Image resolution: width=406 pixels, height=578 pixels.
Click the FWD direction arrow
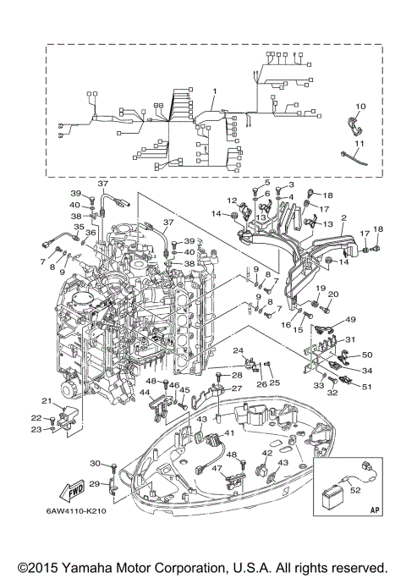tap(72, 492)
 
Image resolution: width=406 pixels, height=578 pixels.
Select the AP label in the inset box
tap(375, 510)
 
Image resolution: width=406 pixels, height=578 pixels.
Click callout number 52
tap(355, 490)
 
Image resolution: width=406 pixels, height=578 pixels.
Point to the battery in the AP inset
tap(332, 498)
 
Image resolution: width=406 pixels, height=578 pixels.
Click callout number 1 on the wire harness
tap(215, 91)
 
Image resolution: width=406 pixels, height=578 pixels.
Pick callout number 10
tap(360, 107)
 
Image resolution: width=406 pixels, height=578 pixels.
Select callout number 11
tap(359, 143)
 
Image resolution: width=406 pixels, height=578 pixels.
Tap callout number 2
tap(343, 217)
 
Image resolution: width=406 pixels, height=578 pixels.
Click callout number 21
tap(47, 401)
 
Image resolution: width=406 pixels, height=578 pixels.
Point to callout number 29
tap(95, 483)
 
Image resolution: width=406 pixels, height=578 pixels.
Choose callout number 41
tap(229, 433)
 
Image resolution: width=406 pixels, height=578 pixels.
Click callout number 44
tap(144, 393)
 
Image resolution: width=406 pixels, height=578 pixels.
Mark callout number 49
tap(350, 320)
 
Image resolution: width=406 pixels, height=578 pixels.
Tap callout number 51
tap(367, 387)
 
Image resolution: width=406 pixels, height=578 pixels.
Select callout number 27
tap(237, 388)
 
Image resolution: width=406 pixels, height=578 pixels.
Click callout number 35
tap(79, 227)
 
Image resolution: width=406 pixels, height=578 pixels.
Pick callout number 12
tap(232, 201)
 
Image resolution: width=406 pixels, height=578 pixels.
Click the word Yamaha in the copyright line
tap(85, 568)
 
